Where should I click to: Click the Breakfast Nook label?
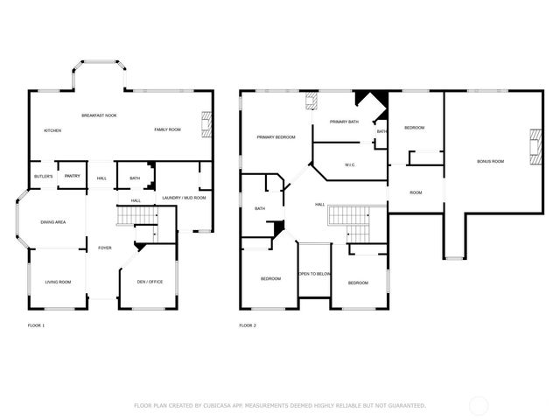pyautogui.click(x=100, y=115)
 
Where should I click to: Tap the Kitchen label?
pyautogui.click(x=52, y=130)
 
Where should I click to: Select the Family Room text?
pyautogui.click(x=167, y=129)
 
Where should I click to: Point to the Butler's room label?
pyautogui.click(x=44, y=177)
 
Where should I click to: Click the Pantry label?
pyautogui.click(x=73, y=176)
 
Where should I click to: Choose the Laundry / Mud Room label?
pyautogui.click(x=184, y=198)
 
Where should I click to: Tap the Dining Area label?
pyautogui.click(x=53, y=222)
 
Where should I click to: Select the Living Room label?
pyautogui.click(x=58, y=282)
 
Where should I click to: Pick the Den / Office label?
pyautogui.click(x=150, y=282)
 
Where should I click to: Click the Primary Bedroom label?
pyautogui.click(x=276, y=137)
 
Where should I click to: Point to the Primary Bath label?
pyautogui.click(x=344, y=122)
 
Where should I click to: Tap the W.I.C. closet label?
pyautogui.click(x=349, y=164)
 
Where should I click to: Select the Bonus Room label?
pyautogui.click(x=490, y=161)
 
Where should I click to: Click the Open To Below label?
pyautogui.click(x=315, y=274)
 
